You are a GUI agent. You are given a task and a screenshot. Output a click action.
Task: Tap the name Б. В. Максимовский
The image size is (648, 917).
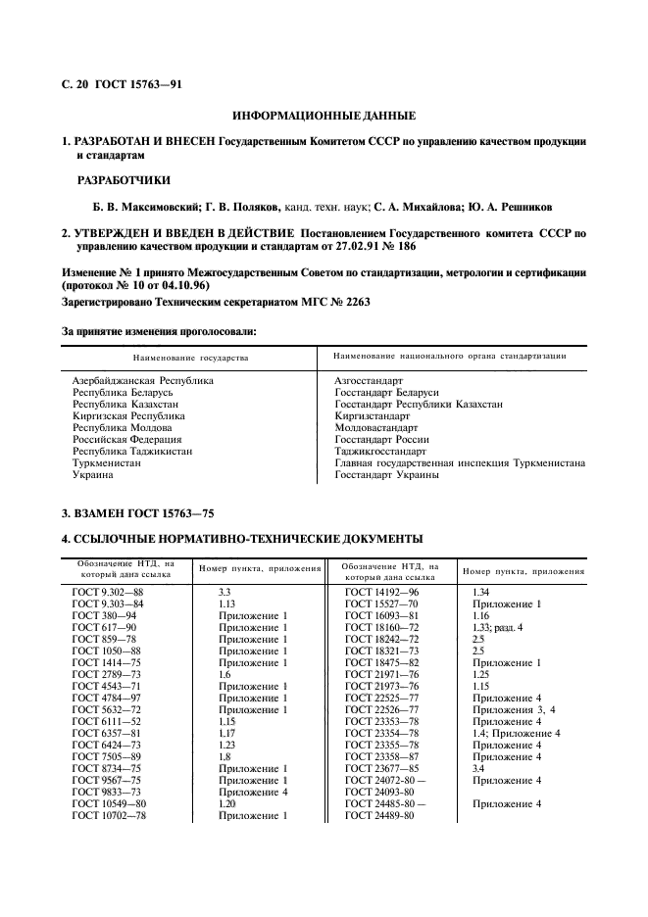141,208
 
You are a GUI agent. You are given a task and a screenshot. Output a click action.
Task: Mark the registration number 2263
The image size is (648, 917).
347,301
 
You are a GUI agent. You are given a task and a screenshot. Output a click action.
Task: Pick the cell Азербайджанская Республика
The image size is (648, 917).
143,379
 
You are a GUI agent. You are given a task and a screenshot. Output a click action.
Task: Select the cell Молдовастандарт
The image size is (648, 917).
376,428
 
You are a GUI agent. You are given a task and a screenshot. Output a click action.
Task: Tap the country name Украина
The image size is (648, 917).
93,475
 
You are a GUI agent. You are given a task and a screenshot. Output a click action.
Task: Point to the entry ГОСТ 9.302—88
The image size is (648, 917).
108,593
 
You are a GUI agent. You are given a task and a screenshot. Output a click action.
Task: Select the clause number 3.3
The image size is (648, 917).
224,593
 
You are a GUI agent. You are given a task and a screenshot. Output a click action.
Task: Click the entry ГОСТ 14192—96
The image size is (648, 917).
382,593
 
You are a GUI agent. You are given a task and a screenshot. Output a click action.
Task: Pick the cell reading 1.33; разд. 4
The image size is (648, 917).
498,626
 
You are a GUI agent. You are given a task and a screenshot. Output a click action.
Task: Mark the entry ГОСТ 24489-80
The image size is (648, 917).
382,815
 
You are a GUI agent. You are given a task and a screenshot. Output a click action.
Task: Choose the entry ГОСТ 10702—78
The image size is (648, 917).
110,815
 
